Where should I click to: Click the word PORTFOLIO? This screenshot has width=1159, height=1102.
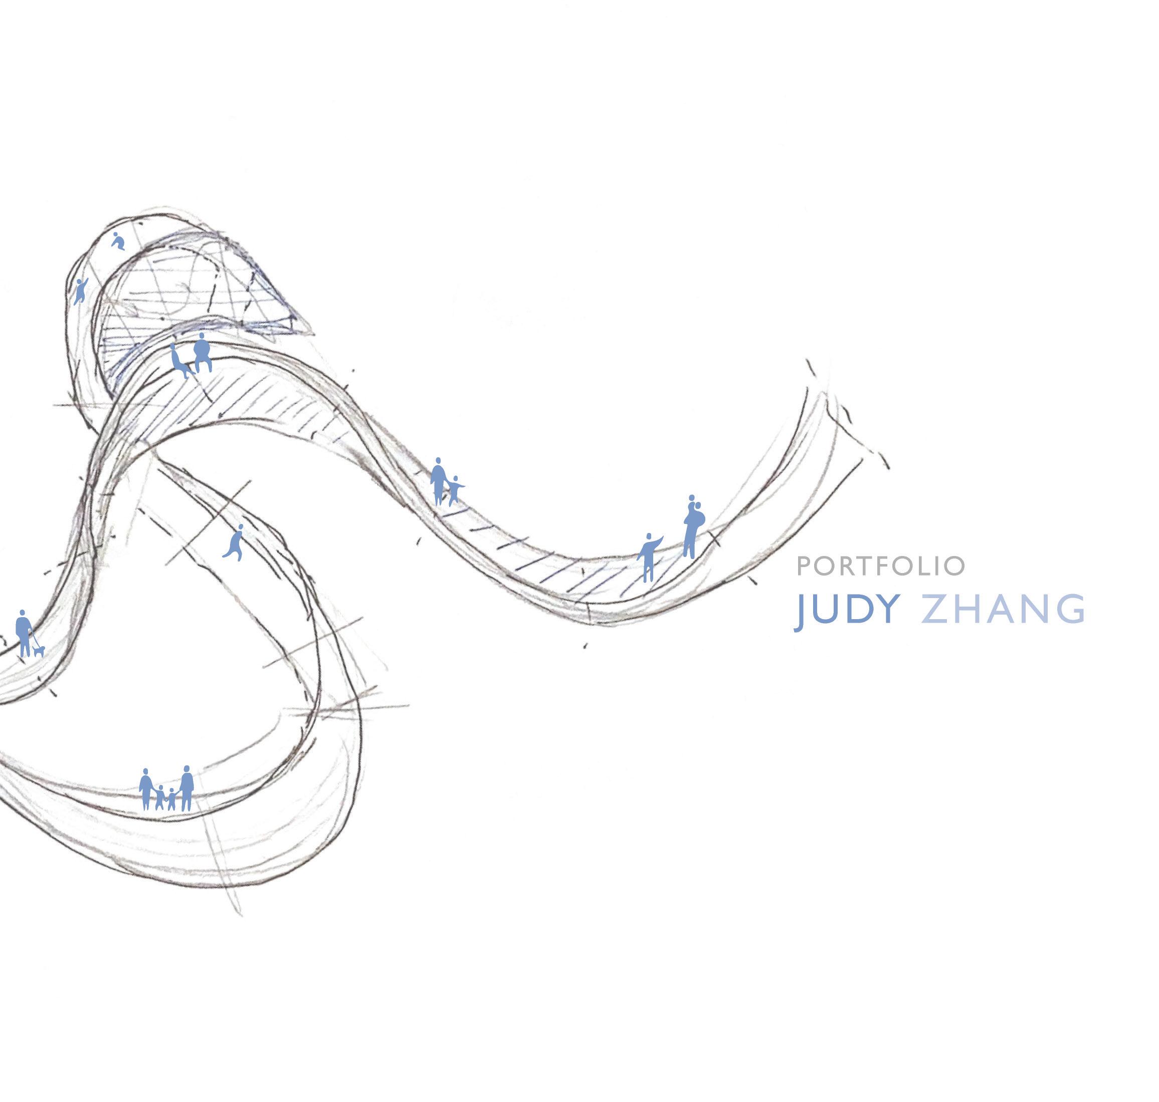[880, 566]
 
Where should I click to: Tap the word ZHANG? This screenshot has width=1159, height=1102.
[1003, 609]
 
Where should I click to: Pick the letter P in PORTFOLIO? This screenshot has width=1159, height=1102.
[804, 566]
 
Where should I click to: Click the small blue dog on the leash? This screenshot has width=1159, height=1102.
[39, 651]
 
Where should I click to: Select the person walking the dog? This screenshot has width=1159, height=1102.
[23, 633]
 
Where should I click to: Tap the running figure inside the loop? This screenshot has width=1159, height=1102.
[235, 543]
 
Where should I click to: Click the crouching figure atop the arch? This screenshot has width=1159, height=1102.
[118, 241]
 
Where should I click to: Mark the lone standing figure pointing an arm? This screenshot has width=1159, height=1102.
[648, 557]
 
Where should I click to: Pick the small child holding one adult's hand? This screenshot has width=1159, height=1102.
[454, 490]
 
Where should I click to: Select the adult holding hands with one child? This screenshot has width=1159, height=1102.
[438, 481]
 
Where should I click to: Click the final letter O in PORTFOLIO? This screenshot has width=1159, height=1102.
[957, 566]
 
